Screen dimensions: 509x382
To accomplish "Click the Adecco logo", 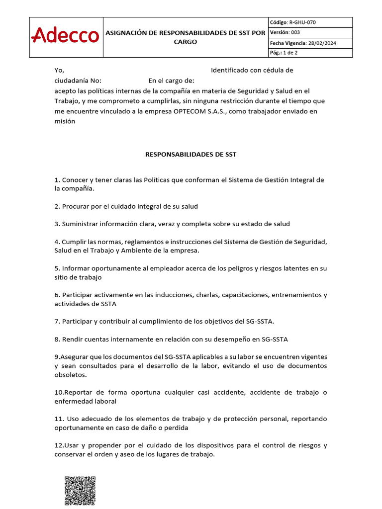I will point(65,35).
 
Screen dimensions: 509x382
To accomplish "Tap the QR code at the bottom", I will point(80,491).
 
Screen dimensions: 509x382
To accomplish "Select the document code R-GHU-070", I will point(302,22).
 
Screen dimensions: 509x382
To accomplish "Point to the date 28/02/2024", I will point(322,43).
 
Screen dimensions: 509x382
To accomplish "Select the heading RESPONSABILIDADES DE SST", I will point(191,155).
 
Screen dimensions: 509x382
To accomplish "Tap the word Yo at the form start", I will point(59,70).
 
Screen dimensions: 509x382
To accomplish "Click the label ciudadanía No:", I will point(78,81).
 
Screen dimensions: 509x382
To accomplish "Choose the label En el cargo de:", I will point(171,81).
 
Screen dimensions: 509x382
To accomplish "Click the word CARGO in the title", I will point(185,42).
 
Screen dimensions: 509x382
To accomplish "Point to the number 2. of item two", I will point(57,206).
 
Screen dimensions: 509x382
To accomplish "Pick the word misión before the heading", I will point(65,121).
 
